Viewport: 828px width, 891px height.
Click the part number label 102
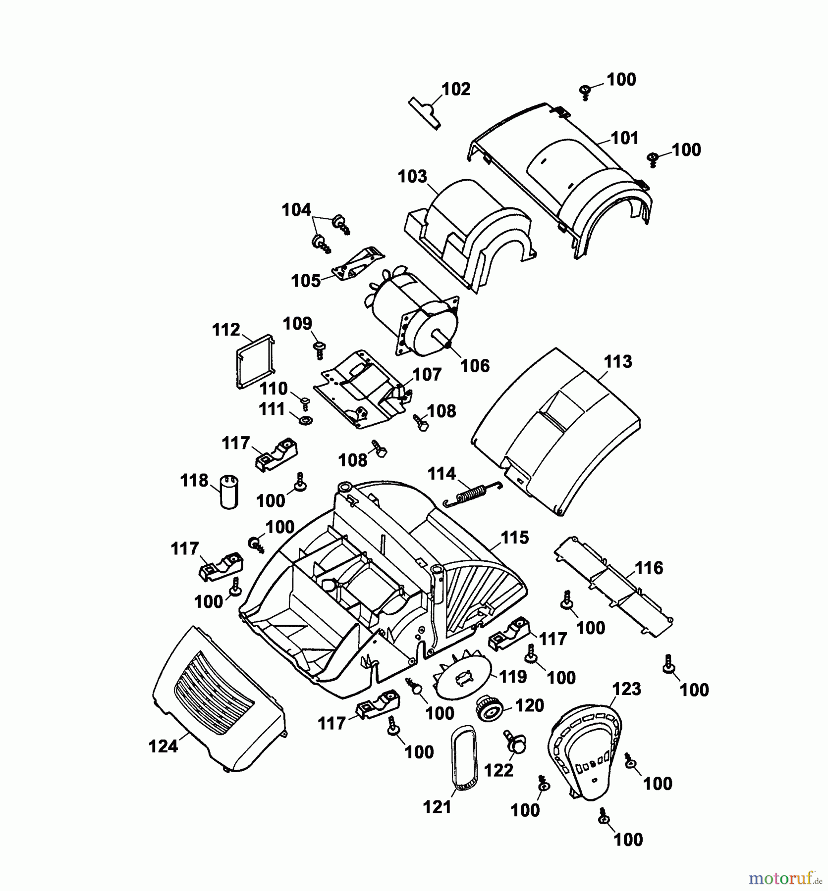pos(456,89)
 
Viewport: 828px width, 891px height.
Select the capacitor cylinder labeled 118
pos(229,492)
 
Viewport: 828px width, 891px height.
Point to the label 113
pos(618,361)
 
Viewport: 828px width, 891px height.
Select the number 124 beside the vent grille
pos(163,746)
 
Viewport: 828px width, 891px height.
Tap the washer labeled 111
pos(304,421)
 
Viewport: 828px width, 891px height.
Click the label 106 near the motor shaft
pos(475,366)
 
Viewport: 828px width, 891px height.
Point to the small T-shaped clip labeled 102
pos(426,112)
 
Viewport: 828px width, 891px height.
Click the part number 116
pos(649,568)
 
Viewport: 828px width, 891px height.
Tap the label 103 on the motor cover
pos(412,176)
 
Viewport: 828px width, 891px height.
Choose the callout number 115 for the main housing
pos(515,537)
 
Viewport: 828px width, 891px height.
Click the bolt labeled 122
pos(515,742)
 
